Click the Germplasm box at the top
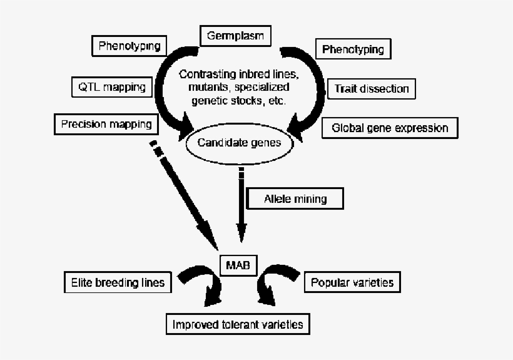235,36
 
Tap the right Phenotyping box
353,49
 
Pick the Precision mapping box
106,123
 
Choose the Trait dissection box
372,88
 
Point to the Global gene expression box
390,128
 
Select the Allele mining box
296,199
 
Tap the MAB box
238,265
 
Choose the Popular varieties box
352,282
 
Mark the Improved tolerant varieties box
238,324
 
